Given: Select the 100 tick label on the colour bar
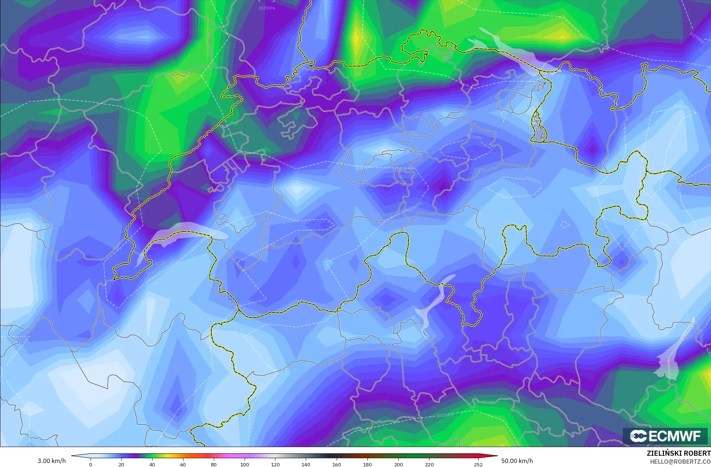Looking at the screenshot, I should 245,464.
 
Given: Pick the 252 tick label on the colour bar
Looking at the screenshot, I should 478,464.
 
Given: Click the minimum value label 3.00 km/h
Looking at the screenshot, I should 52,461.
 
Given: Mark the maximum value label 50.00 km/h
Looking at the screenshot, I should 517,461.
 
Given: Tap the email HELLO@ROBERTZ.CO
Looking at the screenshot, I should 680,462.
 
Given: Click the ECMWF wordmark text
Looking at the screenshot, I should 674,436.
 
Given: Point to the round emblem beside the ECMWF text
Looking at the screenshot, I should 638,436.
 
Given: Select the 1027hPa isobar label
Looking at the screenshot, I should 696,37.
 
